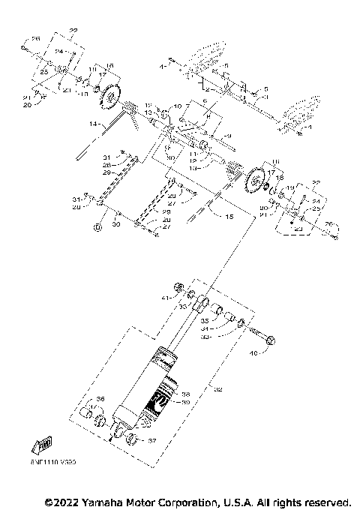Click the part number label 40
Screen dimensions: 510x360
tap(253, 353)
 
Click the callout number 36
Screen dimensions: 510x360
tap(100, 399)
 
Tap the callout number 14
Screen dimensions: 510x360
tap(93, 122)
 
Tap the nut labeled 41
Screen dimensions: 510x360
tap(179, 286)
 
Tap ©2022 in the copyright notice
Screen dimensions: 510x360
tap(62, 501)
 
